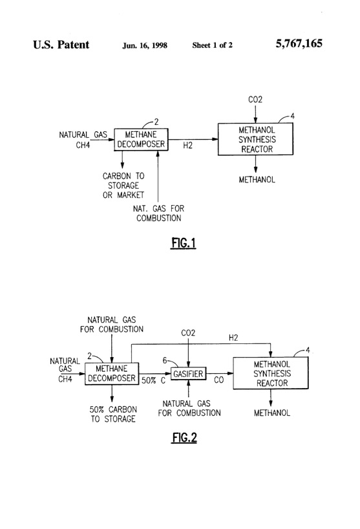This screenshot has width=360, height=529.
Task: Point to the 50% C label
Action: point(154,382)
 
